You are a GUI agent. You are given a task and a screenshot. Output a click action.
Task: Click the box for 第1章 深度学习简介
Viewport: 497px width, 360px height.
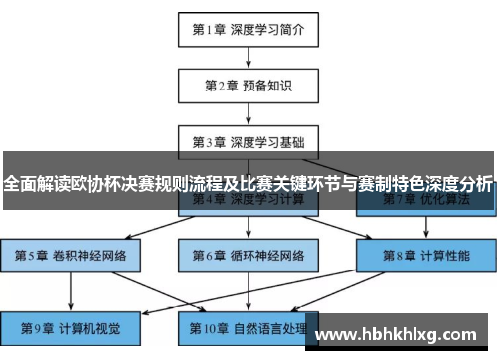[248, 31]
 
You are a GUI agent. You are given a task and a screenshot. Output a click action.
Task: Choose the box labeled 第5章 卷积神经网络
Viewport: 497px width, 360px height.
[72, 255]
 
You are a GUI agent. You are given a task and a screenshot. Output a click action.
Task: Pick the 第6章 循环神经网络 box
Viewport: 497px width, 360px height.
[248, 255]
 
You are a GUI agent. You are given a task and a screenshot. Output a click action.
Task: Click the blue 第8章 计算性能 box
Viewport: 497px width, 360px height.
[424, 255]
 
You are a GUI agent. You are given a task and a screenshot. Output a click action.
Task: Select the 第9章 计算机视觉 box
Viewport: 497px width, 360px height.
[72, 326]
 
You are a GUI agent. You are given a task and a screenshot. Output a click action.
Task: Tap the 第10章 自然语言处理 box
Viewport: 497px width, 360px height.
[248, 326]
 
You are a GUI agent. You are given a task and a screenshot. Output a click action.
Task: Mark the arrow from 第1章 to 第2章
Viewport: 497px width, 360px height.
[248, 59]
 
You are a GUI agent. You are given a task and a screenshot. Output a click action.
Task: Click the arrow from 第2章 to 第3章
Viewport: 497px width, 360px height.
[248, 113]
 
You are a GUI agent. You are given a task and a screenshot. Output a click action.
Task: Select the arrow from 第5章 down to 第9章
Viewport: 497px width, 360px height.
[72, 290]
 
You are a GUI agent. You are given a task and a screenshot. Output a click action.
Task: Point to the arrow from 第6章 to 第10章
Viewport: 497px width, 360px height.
[248, 290]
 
